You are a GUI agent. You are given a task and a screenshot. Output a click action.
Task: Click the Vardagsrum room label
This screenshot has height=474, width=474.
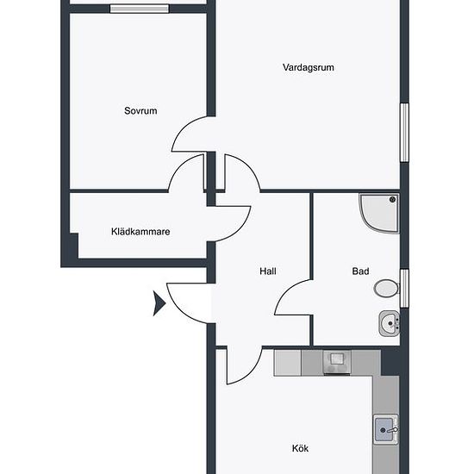click(309, 67)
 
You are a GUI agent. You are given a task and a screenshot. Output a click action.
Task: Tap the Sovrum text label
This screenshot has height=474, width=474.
click(140, 110)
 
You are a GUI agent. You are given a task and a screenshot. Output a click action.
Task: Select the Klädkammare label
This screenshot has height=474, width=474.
click(140, 232)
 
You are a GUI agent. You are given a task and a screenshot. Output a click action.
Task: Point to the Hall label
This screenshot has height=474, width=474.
click(268, 271)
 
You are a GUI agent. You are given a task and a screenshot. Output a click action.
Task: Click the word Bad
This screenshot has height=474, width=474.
click(360, 271)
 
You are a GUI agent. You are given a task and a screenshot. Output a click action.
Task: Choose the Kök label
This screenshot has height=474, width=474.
click(300, 448)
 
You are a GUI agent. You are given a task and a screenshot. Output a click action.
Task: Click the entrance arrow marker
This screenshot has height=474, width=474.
click(159, 303)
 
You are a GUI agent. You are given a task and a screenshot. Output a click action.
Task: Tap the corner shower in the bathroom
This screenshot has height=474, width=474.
click(380, 214)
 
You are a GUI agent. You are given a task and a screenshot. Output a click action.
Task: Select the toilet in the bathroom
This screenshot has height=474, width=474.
click(386, 289)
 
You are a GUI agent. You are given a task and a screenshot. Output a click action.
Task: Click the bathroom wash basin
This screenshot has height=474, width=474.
click(389, 323)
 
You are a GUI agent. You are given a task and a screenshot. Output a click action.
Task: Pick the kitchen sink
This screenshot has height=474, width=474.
click(386, 429)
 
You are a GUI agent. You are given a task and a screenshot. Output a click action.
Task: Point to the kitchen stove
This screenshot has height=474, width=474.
click(337, 363)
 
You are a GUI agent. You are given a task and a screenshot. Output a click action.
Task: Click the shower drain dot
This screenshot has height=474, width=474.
click(393, 200)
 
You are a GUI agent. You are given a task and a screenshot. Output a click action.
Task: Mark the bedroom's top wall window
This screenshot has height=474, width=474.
click(140, 9)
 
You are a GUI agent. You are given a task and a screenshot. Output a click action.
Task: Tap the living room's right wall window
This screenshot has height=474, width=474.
click(404, 133)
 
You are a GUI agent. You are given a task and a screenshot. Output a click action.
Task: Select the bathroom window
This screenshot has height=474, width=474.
click(404, 288)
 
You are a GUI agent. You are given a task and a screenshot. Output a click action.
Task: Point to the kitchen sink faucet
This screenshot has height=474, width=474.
click(393, 429)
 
